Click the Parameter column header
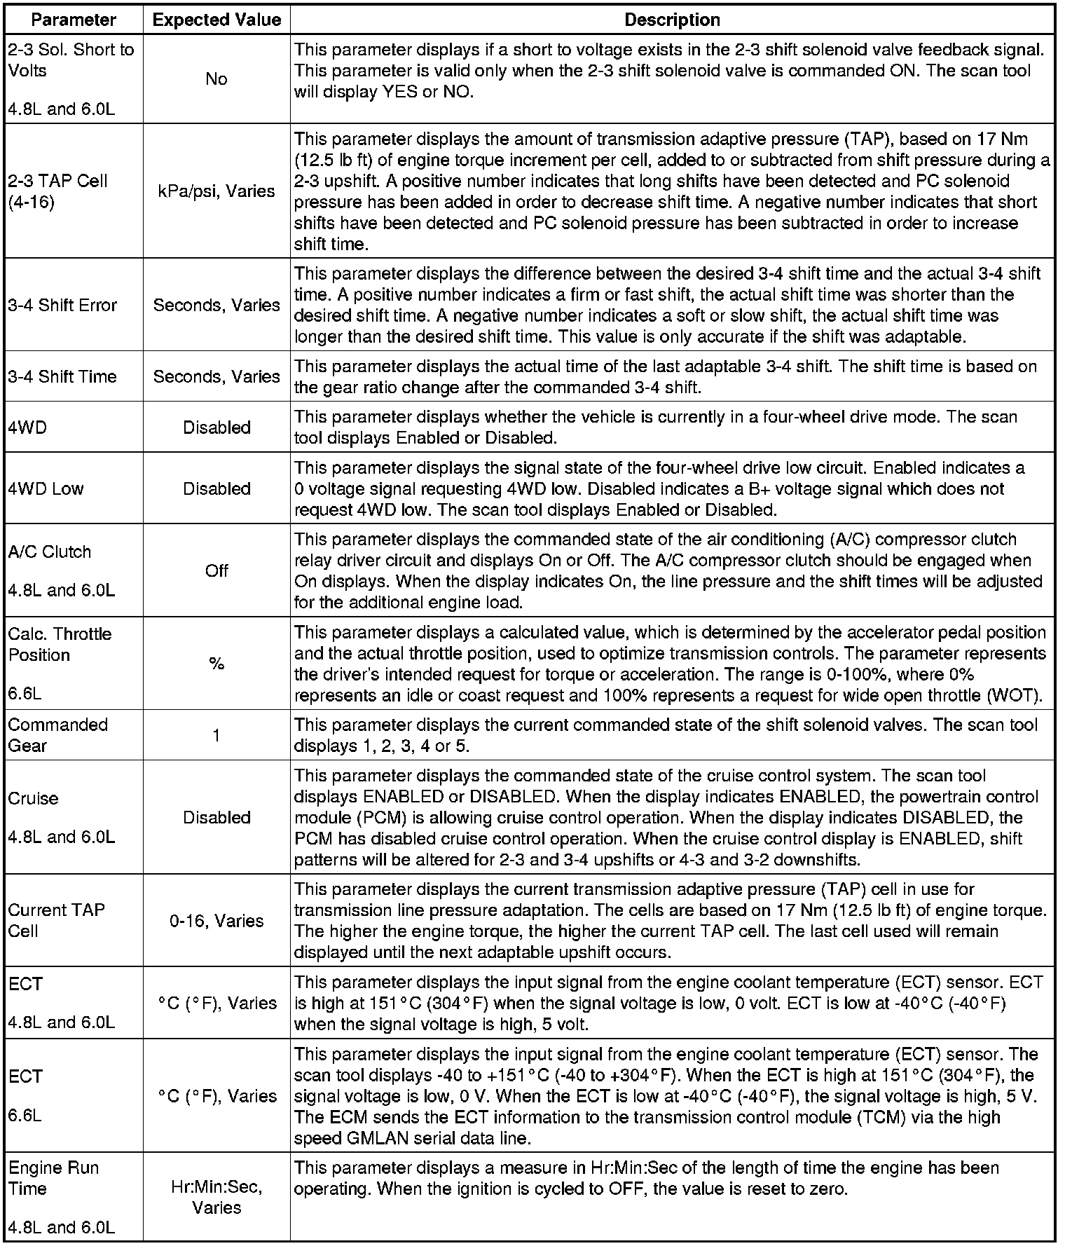tap(74, 20)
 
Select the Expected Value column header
tap(217, 20)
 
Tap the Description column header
tap(672, 20)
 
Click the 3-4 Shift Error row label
tap(62, 305)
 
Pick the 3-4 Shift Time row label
tap(62, 376)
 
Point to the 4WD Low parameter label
tap(46, 488)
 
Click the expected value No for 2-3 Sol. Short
tap(217, 79)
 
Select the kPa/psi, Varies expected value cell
tap(217, 191)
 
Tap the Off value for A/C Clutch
tap(217, 570)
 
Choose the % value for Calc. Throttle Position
tap(217, 664)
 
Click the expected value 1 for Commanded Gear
tap(217, 735)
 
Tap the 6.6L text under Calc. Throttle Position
tap(25, 694)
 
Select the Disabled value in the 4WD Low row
tap(217, 488)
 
